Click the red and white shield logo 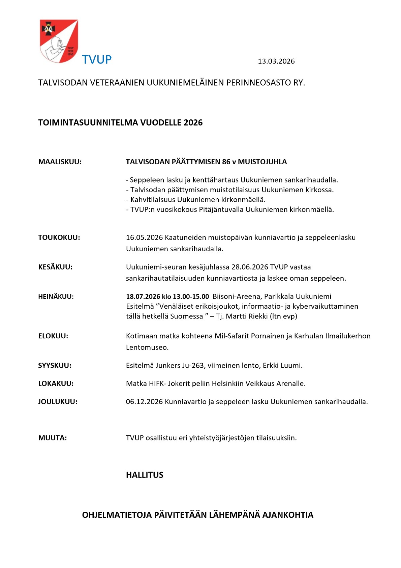(x=59, y=41)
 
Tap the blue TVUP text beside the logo (x=97, y=60)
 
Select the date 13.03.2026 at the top (x=276, y=61)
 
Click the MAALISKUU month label (x=60, y=162)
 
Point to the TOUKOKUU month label (x=59, y=237)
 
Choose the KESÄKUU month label (x=55, y=267)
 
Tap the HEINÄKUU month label (x=56, y=297)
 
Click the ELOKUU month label (x=53, y=336)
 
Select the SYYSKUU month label (x=55, y=366)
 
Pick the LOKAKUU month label (x=56, y=384)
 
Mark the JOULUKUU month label (x=58, y=402)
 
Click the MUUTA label (x=53, y=438)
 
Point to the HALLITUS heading (x=145, y=475)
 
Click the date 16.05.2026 (x=144, y=237)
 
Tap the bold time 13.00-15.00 (x=191, y=297)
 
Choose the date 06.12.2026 (x=144, y=402)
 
